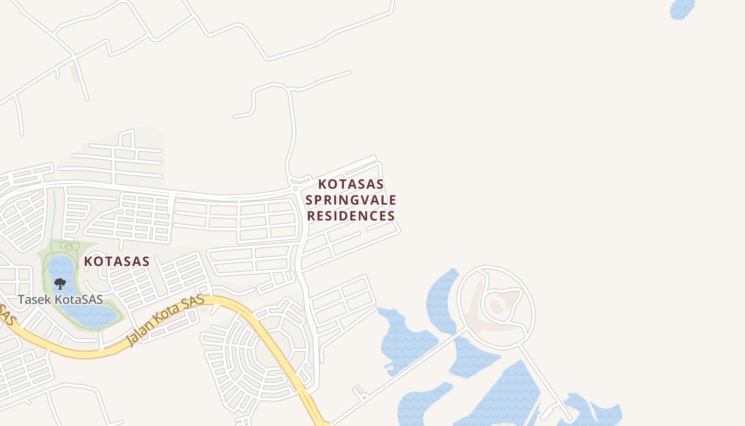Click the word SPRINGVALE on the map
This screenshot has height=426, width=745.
click(351, 200)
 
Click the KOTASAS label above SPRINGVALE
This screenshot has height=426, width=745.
click(351, 184)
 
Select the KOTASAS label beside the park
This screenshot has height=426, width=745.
click(117, 261)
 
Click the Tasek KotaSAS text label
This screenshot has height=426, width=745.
click(60, 299)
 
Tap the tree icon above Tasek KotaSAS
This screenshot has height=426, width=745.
click(60, 283)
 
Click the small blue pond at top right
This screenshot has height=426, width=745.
click(682, 9)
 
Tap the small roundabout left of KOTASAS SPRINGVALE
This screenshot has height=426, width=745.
click(295, 189)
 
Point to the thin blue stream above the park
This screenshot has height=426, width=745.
click(54, 213)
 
